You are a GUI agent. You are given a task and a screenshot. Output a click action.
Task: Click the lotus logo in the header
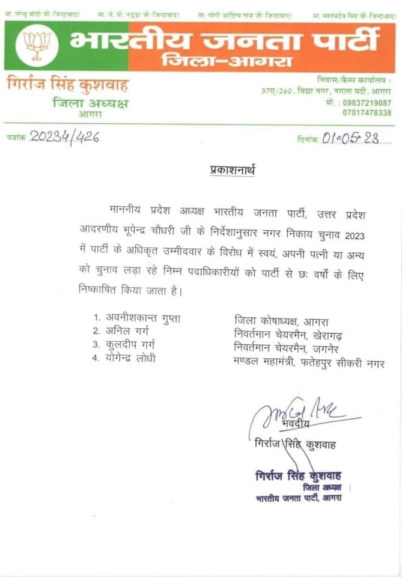tap(37, 46)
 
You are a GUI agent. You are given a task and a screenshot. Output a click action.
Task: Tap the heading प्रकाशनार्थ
tap(232, 171)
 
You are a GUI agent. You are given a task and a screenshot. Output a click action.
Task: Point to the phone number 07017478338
tap(367, 112)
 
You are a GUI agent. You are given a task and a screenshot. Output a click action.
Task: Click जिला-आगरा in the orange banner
tap(227, 60)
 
